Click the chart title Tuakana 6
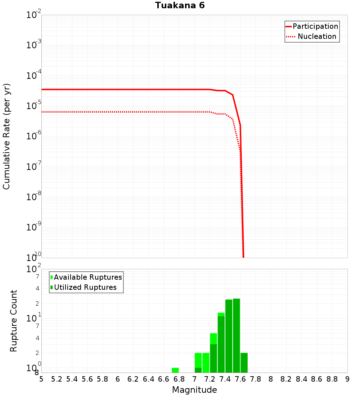pos(180,5)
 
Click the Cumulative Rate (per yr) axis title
pos(6,136)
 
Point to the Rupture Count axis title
pos(14,321)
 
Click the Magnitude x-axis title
pos(194,390)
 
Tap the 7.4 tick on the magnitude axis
pos(225,379)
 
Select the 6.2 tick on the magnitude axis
pos(133,379)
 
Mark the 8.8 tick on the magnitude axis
pos(332,379)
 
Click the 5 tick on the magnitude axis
pos(41,379)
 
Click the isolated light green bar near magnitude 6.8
pos(175,370)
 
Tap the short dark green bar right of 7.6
pos(244,363)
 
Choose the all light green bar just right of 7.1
pos(206,363)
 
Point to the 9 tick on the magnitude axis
pos(347,379)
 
